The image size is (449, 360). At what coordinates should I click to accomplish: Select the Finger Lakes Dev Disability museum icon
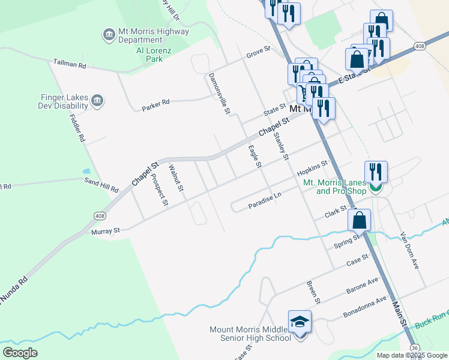(x=99, y=100)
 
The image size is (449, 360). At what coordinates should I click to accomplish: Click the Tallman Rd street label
(x=70, y=63)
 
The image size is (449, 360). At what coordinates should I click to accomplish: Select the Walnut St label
(x=175, y=178)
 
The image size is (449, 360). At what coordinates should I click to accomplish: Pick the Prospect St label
(x=158, y=190)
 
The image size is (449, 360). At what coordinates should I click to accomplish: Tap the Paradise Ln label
(x=265, y=202)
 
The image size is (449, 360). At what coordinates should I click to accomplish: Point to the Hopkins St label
(x=312, y=168)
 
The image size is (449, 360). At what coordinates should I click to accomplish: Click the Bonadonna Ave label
(x=365, y=307)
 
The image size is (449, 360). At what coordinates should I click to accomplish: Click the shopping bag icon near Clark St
(x=359, y=220)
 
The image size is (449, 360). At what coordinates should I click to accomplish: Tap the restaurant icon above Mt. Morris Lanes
(x=376, y=171)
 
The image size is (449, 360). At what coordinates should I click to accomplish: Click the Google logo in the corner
(x=20, y=352)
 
